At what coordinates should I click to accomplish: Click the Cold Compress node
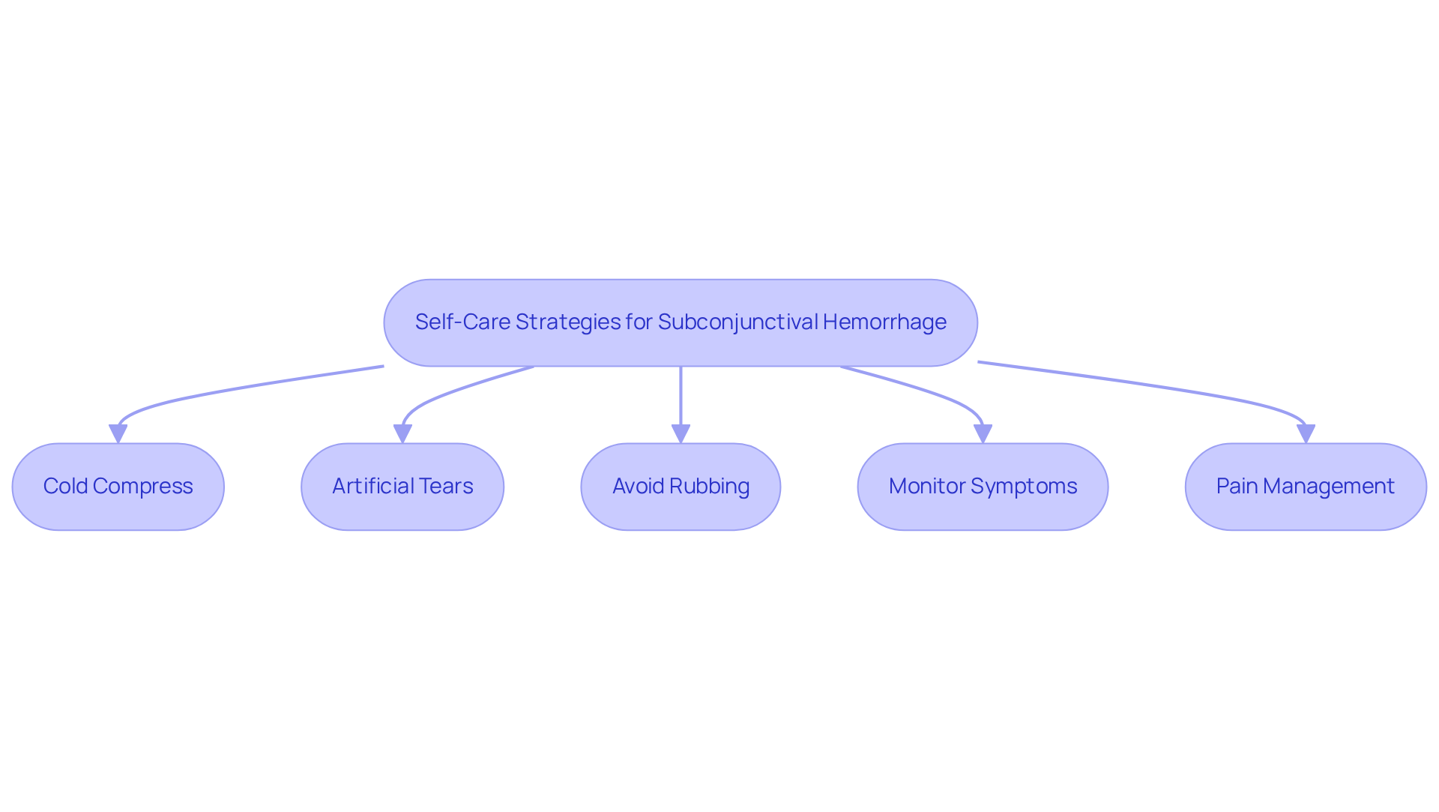pyautogui.click(x=118, y=487)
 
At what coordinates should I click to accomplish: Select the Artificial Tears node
pyautogui.click(x=402, y=487)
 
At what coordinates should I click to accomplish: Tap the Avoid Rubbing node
pyautogui.click(x=681, y=487)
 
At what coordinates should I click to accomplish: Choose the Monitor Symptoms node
pyautogui.click(x=983, y=487)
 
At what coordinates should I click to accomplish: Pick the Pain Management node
pyautogui.click(x=1306, y=487)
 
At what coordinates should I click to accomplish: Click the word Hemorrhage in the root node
pyautogui.click(x=884, y=322)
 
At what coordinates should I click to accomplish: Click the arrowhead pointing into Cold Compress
pyautogui.click(x=118, y=434)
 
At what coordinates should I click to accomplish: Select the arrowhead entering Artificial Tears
pyautogui.click(x=402, y=434)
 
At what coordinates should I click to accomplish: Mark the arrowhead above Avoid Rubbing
pyautogui.click(x=681, y=434)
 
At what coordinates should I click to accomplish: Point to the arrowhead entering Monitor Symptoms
pyautogui.click(x=983, y=434)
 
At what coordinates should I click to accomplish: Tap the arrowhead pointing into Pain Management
pyautogui.click(x=1306, y=434)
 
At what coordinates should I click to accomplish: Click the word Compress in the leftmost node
pyautogui.click(x=143, y=487)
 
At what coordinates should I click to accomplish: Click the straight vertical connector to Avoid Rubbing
pyautogui.click(x=681, y=395)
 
